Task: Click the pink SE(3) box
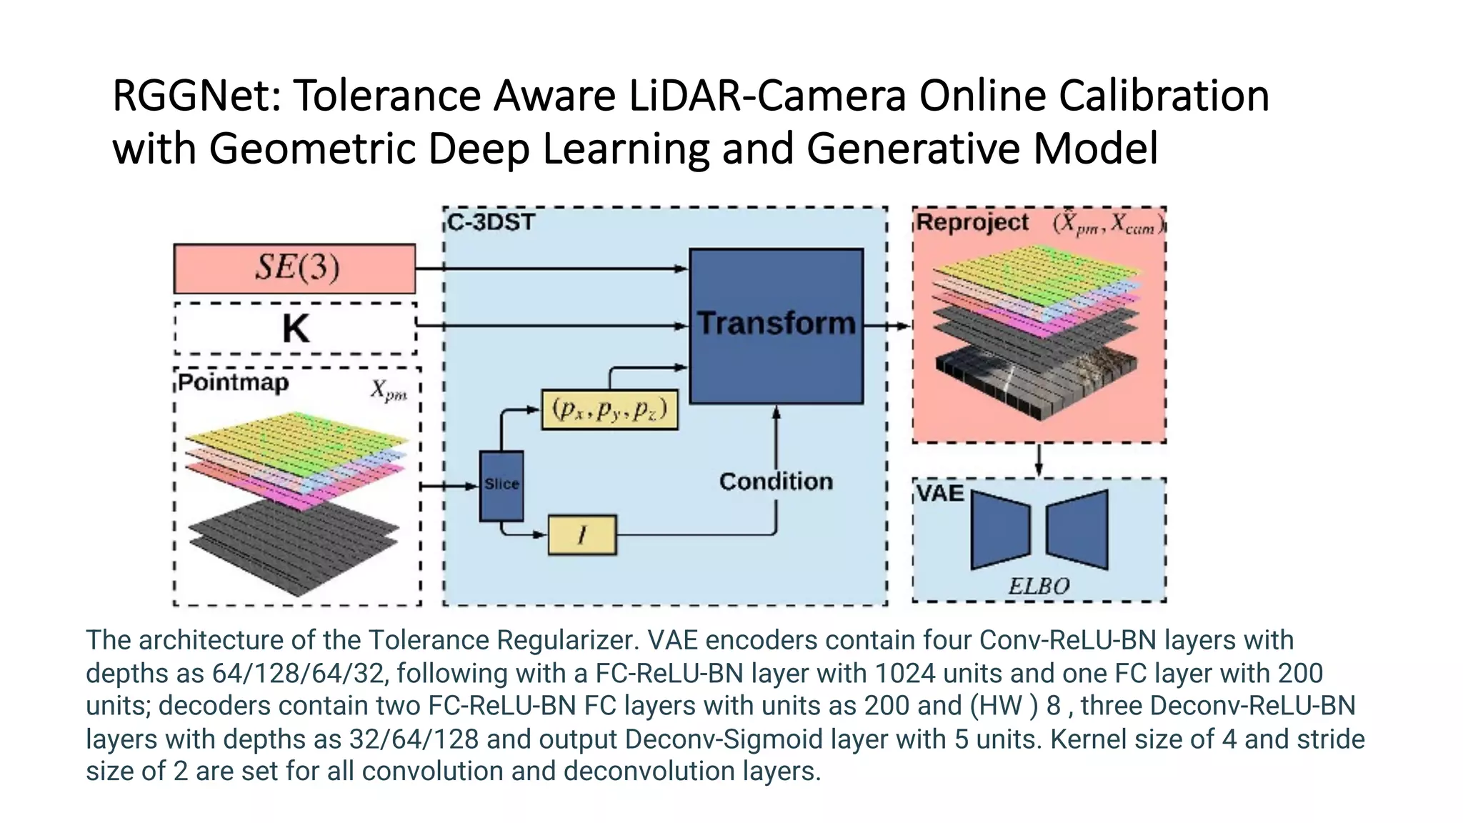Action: pos(294,269)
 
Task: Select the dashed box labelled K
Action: pos(295,329)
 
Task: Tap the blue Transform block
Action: pos(776,326)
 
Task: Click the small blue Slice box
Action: pos(501,485)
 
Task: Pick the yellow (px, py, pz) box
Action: pos(609,410)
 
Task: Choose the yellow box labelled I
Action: pos(581,535)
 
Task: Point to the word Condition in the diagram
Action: pos(776,482)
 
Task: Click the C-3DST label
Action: pos(491,222)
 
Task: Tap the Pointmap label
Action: pos(233,383)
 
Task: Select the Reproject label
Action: pos(972,222)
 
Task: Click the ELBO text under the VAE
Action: pos(1039,587)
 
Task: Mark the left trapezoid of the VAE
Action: pos(1000,529)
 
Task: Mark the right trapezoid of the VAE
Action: pos(1077,529)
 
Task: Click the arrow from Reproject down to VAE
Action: pos(1039,460)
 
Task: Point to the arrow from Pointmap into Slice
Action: pos(449,486)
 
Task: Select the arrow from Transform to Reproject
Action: pos(887,326)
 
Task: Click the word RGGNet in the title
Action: pos(196,96)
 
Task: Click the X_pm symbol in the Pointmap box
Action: pos(389,391)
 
